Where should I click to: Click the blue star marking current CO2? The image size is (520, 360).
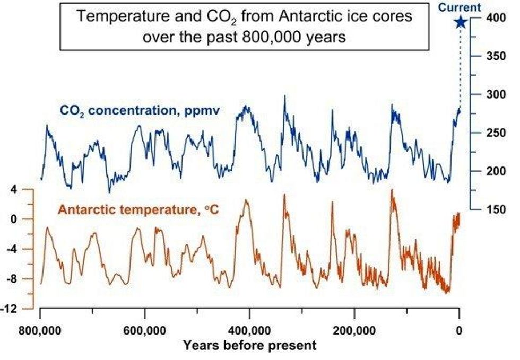[460, 22]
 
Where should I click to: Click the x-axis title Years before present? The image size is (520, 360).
[249, 346]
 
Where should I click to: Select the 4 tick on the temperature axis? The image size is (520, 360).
[15, 189]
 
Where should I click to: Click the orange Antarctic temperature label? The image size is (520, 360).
[138, 209]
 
